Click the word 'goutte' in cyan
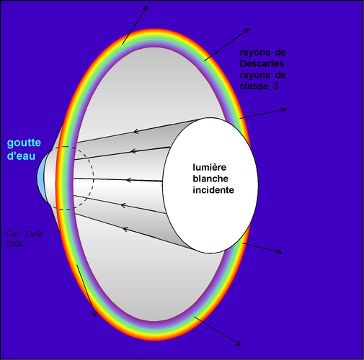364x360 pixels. pos(24,143)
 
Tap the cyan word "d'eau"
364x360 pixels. pos(21,156)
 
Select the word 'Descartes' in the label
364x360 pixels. pos(262,63)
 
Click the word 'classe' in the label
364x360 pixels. pos(254,86)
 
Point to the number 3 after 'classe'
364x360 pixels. pos(275,86)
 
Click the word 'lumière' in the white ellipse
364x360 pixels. pos(209,167)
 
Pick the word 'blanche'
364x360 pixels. pos(210,179)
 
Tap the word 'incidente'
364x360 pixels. pos(213,190)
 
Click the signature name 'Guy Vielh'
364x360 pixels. pos(25,234)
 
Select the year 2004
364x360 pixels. pos(14,244)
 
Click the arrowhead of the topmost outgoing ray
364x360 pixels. pos(145,9)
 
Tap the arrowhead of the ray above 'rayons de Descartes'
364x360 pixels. pos(247,31)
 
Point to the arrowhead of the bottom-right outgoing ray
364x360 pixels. pos(238,343)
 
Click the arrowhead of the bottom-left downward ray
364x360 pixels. pos(94,314)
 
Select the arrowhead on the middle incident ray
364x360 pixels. pos(128,180)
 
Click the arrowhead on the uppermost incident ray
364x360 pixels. pos(136,131)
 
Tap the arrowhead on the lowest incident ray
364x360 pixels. pos(125,229)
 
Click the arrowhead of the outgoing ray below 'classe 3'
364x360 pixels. pos(284,109)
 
